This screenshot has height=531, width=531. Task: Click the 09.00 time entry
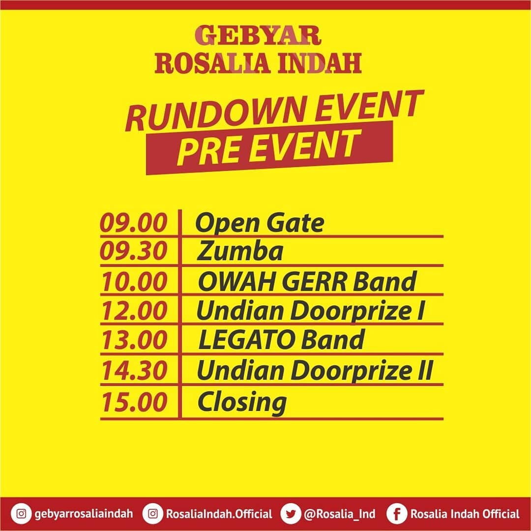coord(134,223)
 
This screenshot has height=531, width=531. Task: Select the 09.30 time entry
coord(134,251)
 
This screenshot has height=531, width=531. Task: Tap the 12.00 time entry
coord(134,311)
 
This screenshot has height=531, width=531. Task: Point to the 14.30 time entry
coord(134,370)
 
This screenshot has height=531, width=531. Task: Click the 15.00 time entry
coord(134,402)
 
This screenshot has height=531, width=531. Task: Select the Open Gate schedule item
coord(260,224)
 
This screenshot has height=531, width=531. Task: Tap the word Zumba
coord(240,251)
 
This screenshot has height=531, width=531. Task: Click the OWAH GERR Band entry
coord(307,281)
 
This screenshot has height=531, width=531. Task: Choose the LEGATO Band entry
coord(281,340)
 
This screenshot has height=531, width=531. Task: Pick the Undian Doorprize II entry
coord(315,370)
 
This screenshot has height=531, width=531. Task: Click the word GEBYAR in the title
coord(258,35)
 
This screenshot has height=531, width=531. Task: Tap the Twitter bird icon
coord(291,514)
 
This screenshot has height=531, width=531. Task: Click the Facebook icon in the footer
coord(397,514)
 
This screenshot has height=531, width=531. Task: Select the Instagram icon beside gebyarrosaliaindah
coord(21,514)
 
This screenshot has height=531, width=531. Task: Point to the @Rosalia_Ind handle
coord(340,514)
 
